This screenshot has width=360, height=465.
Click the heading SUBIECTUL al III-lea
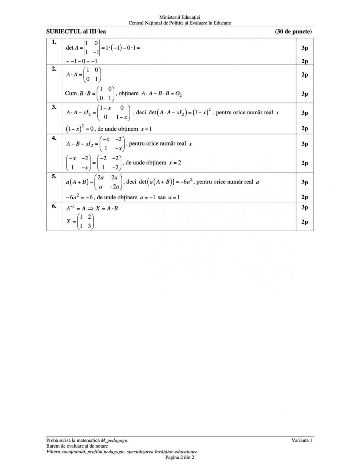(76, 32)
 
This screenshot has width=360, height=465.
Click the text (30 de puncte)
(293, 32)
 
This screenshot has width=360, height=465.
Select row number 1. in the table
(54, 42)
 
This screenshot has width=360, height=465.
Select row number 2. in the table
(54, 69)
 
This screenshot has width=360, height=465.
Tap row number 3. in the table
(54, 107)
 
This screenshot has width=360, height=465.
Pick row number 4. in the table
(54, 138)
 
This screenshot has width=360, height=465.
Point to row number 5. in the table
(54, 176)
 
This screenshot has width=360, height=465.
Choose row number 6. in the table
(54, 206)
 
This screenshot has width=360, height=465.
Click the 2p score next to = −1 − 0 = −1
(304, 62)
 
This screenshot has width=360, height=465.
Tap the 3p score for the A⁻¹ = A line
(304, 207)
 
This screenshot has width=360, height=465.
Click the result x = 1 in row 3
(146, 129)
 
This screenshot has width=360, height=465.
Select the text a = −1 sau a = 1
(160, 197)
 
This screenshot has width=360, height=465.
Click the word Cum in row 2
(71, 94)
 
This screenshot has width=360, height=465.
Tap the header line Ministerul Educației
(180, 17)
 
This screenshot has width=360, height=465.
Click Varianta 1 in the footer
(302, 441)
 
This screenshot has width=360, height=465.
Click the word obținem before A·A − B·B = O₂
(128, 94)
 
